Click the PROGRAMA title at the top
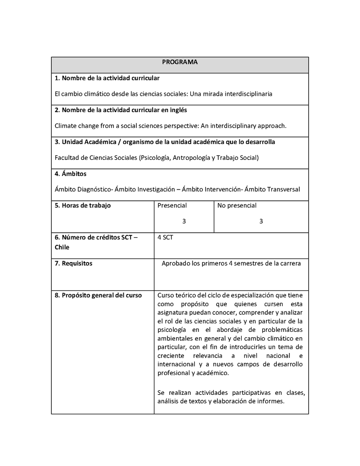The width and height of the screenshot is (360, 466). (180, 62)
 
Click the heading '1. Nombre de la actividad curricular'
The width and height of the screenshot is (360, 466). (107, 78)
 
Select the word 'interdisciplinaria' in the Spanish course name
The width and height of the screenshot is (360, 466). (249, 94)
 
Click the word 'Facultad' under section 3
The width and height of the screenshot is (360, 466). (67, 158)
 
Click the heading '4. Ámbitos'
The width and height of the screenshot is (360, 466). (70, 174)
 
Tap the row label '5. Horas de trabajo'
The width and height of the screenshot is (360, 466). (82, 205)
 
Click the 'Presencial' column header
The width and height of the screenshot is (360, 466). (172, 205)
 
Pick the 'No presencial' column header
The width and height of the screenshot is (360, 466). (237, 205)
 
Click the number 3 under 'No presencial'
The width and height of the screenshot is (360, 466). (261, 221)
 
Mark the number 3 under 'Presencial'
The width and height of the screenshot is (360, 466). (184, 221)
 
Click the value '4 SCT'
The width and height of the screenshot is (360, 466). (165, 237)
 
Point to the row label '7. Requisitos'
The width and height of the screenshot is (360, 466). (73, 263)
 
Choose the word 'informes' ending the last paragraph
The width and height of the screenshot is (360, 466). (270, 401)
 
